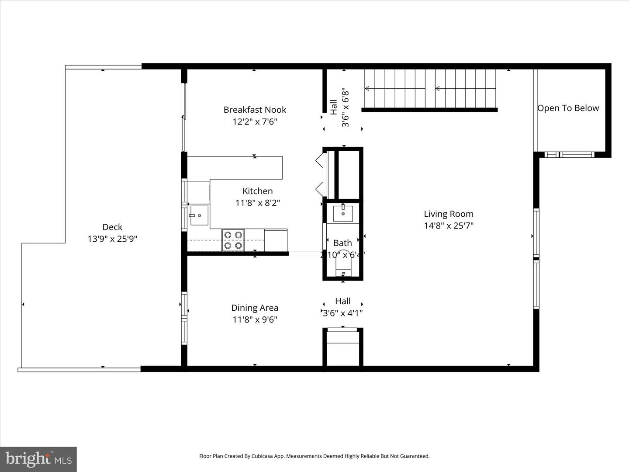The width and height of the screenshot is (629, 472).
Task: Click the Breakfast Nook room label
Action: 255,110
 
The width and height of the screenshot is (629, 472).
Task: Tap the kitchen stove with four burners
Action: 233,240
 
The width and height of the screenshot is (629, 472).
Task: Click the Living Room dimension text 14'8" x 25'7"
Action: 449,226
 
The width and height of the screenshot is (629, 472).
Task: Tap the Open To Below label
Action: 568,108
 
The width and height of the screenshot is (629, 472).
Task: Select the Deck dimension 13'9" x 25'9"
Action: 112,239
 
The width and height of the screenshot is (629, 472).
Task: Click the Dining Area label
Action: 255,308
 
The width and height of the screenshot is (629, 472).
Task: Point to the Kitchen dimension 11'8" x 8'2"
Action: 257,203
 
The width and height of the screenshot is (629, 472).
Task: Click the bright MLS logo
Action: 38,459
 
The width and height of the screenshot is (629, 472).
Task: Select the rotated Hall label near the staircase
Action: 334,107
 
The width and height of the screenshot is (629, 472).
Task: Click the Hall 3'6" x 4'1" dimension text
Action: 342,313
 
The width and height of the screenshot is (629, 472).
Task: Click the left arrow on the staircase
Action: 367,88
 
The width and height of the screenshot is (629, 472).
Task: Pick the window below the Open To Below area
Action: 570,154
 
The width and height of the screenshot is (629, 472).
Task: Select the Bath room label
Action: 342,243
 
